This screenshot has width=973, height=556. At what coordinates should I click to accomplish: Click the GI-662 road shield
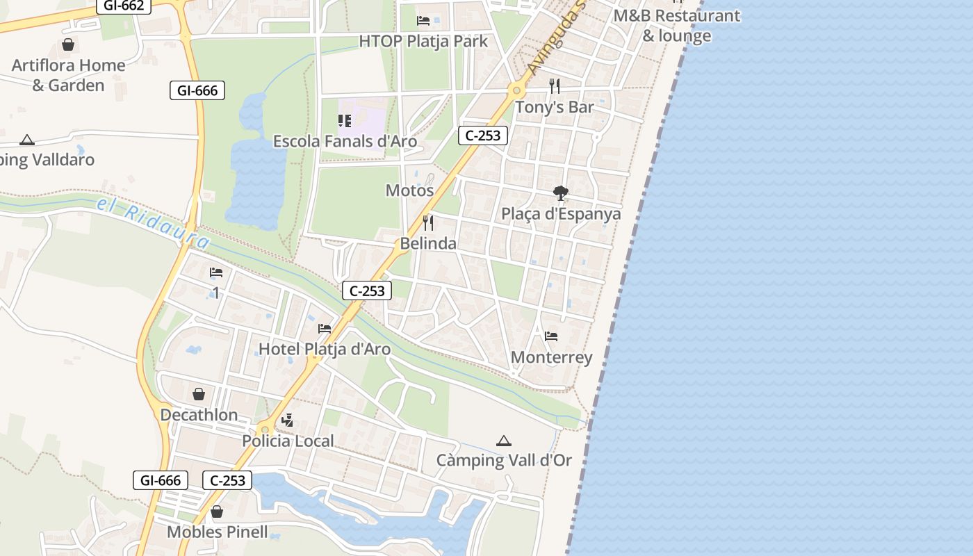point(123,6)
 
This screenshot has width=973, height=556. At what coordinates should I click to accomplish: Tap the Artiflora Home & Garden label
point(68,75)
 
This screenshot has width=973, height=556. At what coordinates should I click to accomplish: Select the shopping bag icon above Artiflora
point(68,45)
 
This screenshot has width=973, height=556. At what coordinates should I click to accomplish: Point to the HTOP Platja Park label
point(423,41)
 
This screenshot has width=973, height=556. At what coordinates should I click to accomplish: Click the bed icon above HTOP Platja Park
point(423,20)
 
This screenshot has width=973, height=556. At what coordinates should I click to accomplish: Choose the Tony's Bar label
point(554,107)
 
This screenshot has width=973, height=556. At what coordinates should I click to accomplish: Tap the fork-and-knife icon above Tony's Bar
point(554,86)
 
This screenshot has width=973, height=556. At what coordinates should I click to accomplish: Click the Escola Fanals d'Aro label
point(345,142)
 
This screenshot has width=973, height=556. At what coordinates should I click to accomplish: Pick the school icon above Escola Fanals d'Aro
point(345,121)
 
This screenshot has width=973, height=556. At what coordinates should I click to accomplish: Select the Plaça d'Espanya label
point(561,213)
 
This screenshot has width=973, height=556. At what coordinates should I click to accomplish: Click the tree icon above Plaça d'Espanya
point(561,193)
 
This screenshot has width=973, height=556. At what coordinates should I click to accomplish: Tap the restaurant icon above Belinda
point(428,222)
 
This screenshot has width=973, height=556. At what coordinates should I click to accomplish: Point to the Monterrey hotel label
point(551,357)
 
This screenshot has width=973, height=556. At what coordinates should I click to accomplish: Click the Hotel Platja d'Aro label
point(325,349)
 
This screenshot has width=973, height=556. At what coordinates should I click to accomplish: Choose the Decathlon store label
point(199,415)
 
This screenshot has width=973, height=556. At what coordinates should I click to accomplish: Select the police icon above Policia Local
point(288,420)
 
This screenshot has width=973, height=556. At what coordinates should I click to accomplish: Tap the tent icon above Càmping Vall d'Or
point(504,441)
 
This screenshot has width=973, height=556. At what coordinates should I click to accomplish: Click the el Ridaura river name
point(153,223)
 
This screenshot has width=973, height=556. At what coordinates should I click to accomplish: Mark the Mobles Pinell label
point(217,532)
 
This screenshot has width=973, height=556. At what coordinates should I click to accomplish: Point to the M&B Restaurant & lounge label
point(677,26)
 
